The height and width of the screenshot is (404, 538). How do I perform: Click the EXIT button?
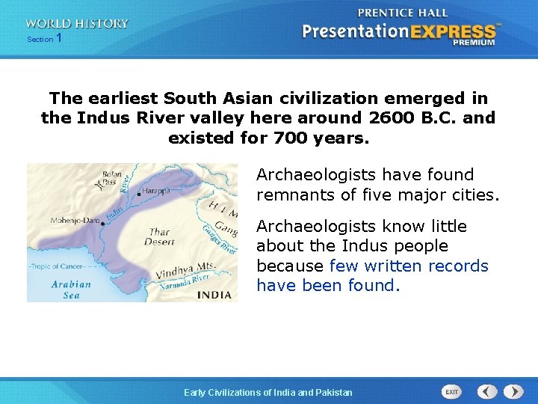[451, 391]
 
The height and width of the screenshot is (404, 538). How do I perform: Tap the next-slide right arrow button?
[513, 391]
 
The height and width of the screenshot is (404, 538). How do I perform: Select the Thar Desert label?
[159, 237]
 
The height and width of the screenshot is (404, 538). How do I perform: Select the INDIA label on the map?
[214, 295]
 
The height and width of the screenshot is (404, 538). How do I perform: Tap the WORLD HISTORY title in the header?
[77, 24]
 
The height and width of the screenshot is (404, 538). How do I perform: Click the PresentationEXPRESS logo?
[400, 32]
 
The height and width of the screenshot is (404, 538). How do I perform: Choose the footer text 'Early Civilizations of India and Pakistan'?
[268, 392]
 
